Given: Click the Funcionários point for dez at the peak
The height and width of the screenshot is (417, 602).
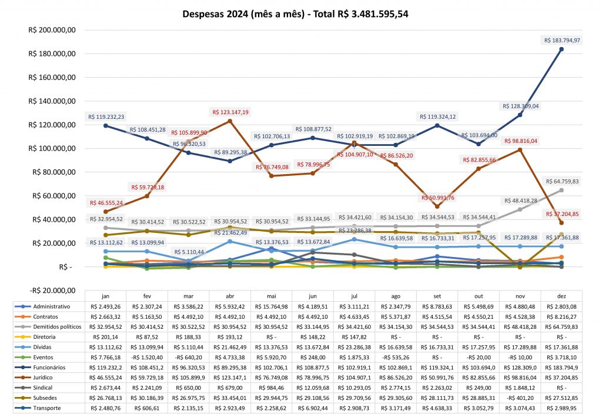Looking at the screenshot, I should tap(561, 49).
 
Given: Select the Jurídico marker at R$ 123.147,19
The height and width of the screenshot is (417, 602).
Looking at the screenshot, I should tap(229, 121).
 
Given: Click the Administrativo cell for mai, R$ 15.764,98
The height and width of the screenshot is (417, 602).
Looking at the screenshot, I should tap(271, 306).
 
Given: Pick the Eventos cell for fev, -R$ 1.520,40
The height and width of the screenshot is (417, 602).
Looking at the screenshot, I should tap(146, 356).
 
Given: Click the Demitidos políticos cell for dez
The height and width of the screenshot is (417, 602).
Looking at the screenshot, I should tap(561, 326).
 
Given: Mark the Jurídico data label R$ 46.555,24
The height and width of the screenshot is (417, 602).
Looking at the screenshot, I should tap(106, 203).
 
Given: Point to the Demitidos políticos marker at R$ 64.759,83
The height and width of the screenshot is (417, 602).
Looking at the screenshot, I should tap(561, 190).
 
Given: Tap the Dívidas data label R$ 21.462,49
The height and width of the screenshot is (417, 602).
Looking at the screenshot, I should tap(229, 233).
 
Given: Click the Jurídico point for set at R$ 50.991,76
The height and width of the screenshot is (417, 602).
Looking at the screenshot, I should tap(436, 206).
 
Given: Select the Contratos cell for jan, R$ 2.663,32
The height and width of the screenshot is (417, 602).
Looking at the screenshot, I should tap(105, 316).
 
